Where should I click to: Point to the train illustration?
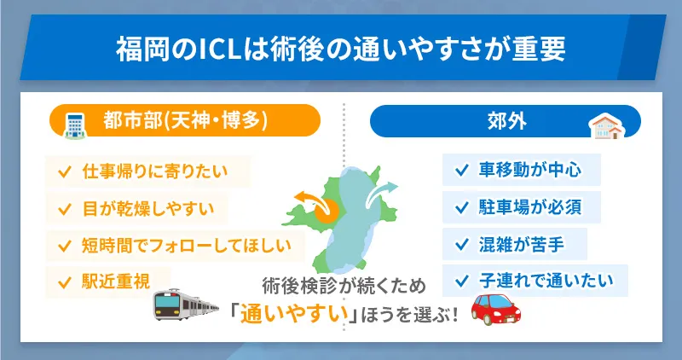193,305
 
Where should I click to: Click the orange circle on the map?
327,212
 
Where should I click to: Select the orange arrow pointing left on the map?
308,199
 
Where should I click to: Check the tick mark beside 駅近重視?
63,280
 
